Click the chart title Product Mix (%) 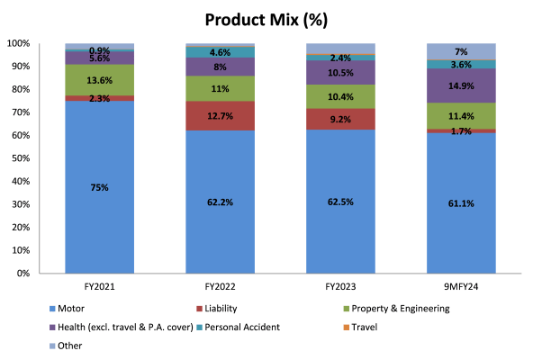click(266, 19)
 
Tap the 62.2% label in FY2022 click(221, 202)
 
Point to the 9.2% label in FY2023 click(341, 118)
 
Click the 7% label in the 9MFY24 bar click(461, 51)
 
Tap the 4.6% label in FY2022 click(221, 52)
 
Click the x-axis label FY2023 click(341, 286)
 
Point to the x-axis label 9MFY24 click(461, 286)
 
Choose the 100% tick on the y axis click(19, 43)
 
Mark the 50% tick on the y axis click(22, 158)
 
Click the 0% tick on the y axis click(24, 273)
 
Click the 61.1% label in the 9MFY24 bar click(461, 203)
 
